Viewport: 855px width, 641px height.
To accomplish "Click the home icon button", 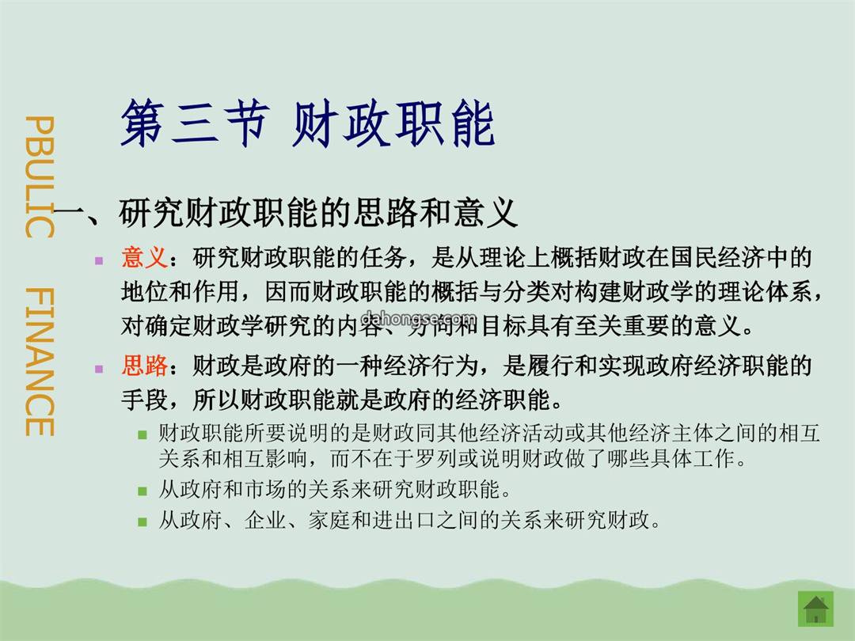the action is click(815, 609).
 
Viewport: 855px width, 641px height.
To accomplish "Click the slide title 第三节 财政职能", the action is click(307, 123).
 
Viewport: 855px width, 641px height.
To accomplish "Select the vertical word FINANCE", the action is click(40, 362).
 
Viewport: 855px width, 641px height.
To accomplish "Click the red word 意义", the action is click(145, 257).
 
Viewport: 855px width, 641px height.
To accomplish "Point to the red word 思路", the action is click(145, 366).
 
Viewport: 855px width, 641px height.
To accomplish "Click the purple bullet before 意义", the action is click(99, 260).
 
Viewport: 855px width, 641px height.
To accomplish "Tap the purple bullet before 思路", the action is click(99, 369).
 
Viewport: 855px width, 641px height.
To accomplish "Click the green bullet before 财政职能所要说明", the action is click(142, 435).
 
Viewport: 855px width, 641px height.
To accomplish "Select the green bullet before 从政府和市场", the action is click(142, 491).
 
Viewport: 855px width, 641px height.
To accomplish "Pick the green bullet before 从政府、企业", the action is click(142, 522).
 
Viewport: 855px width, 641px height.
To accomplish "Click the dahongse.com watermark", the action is click(418, 318).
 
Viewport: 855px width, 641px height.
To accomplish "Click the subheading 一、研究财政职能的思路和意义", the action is click(286, 213).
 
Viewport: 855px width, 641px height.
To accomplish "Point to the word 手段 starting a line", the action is click(145, 400).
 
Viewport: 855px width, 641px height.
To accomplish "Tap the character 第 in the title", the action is click(142, 123).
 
